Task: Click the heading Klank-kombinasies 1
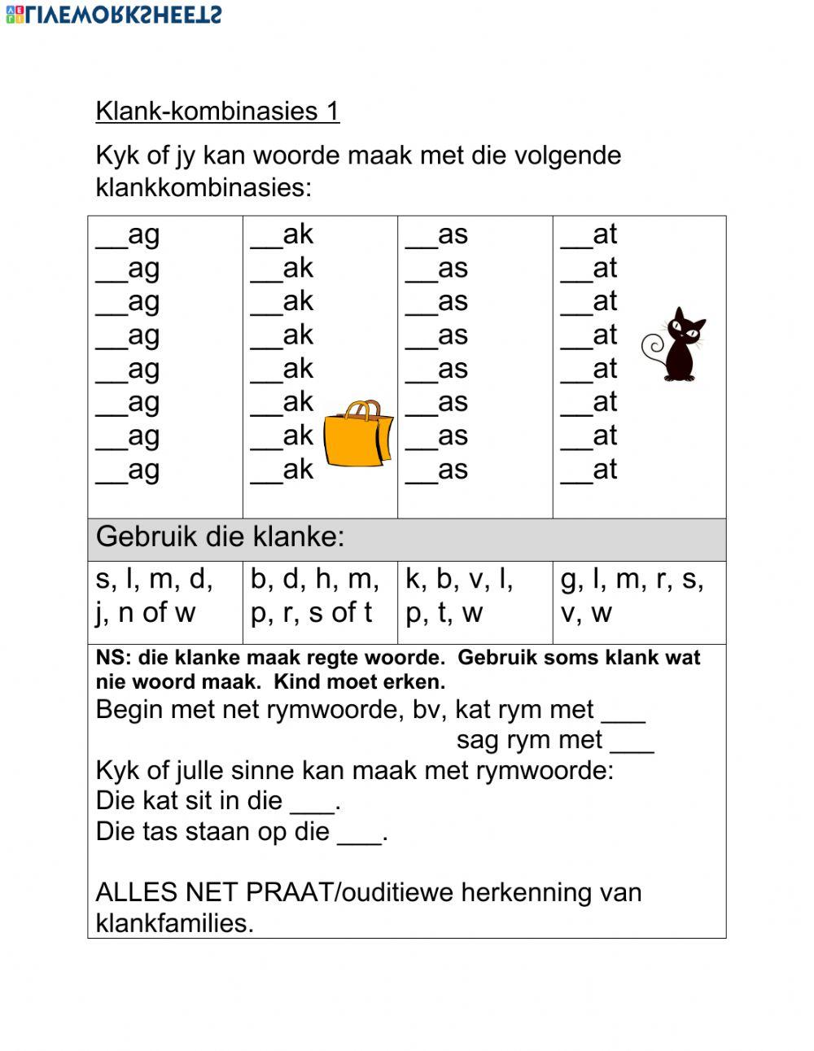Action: click(x=217, y=111)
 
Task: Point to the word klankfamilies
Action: click(x=173, y=923)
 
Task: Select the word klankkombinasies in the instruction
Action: click(x=202, y=187)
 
